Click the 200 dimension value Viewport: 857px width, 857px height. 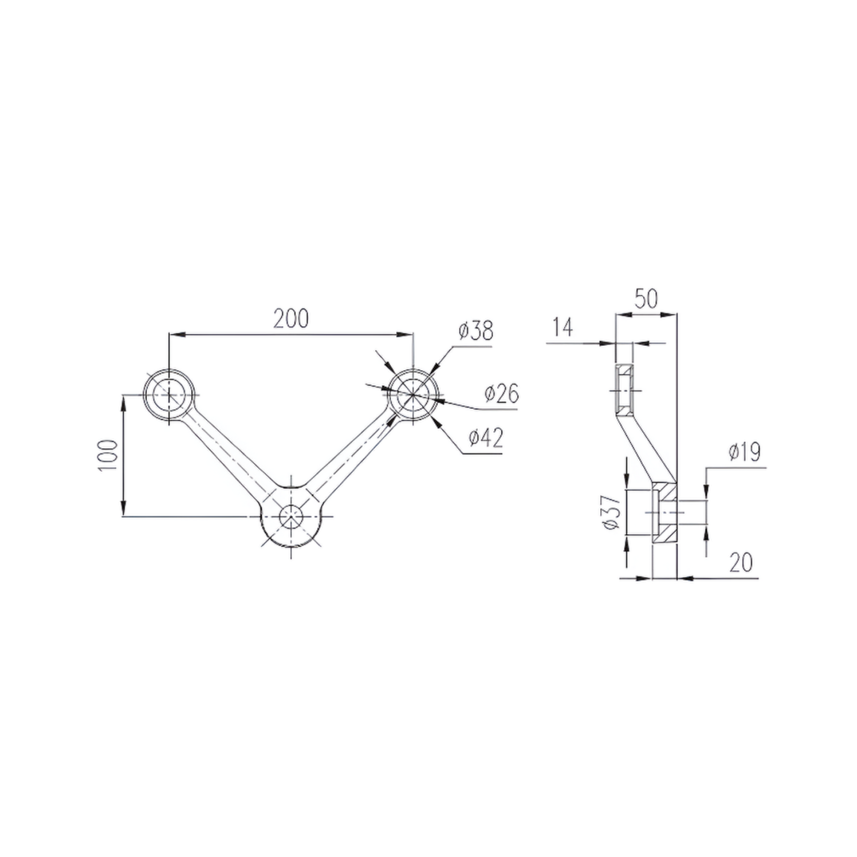291,319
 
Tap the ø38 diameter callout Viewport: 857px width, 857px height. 476,331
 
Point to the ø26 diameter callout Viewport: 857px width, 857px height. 502,394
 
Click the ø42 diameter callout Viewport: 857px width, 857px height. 486,438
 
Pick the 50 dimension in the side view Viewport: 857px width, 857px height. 646,299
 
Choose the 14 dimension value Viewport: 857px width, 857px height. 563,327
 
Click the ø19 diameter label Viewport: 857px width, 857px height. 744,452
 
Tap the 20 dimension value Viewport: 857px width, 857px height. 741,563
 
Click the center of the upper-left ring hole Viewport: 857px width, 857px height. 169,394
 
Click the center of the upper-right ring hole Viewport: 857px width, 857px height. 413,394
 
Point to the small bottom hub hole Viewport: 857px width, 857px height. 291,516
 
